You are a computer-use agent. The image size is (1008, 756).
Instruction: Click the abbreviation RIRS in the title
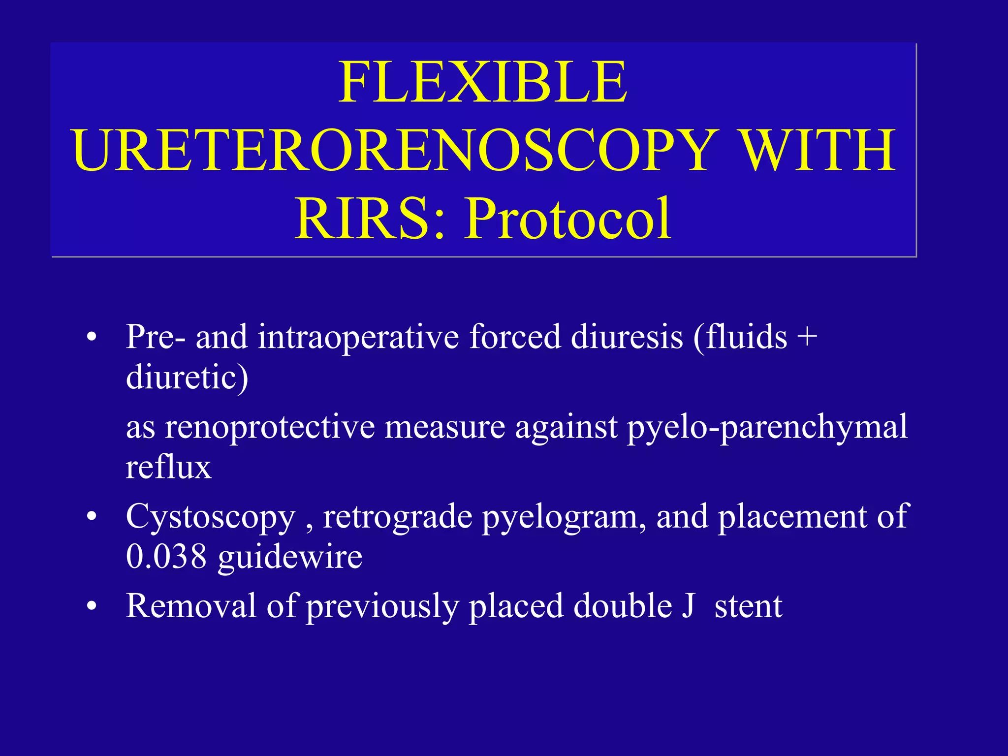tap(363, 218)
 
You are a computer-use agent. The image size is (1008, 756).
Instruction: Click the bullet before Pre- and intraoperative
tap(91, 338)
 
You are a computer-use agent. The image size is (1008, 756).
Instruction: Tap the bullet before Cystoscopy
tap(91, 518)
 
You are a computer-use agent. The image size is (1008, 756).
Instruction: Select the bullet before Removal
tap(91, 607)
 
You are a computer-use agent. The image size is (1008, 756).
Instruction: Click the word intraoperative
tap(358, 337)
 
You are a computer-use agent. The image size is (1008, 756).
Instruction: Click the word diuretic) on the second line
tap(187, 378)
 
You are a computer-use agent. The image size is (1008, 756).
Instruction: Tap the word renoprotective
tap(270, 427)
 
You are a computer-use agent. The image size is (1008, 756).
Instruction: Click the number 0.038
tap(166, 557)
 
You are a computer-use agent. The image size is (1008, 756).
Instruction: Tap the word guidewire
tap(290, 558)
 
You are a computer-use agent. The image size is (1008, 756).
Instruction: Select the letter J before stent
tap(688, 606)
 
